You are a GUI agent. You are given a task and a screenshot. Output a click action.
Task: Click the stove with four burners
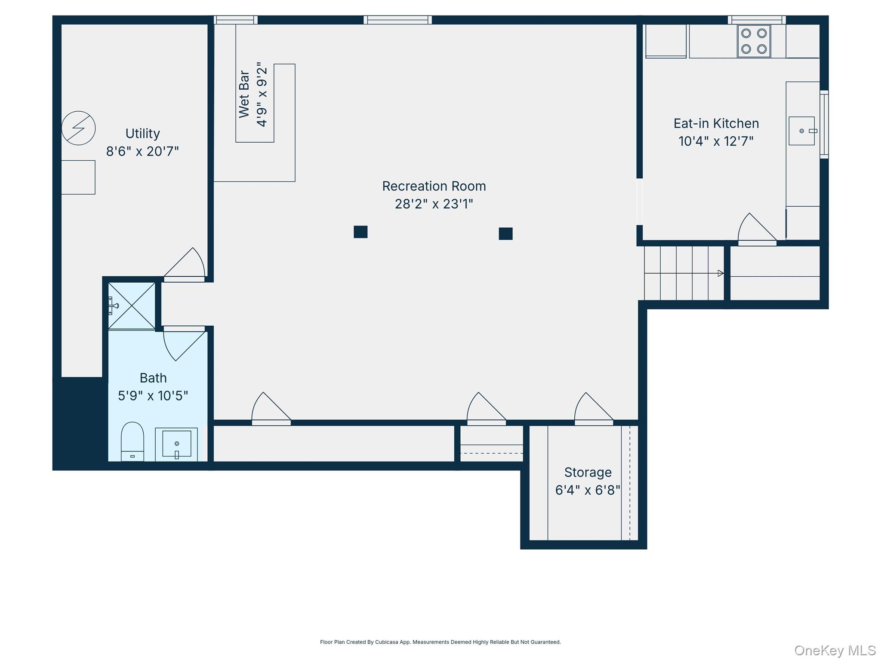coord(754,41)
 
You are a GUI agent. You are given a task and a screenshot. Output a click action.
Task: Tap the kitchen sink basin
coord(801,131)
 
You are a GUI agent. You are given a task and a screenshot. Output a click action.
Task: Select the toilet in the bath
coord(132,441)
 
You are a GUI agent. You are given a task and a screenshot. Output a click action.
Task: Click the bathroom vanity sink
coord(176,443)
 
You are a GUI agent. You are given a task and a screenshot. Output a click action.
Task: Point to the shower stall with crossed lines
coord(132,306)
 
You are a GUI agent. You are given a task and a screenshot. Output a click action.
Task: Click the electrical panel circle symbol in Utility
coord(78,128)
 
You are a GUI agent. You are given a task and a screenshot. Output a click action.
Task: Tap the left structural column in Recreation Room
coord(360,232)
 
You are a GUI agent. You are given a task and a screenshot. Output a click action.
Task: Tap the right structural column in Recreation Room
coord(505,234)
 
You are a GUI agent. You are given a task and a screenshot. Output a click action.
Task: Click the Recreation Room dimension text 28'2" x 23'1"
coord(434,204)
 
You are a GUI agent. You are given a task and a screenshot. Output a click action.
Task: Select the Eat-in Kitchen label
coord(716,124)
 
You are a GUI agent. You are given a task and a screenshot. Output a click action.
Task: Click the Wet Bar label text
coord(244,94)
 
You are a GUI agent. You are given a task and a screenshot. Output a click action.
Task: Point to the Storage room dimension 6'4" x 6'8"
coord(588,490)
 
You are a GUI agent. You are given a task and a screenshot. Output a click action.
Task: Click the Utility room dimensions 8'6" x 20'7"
coord(142,151)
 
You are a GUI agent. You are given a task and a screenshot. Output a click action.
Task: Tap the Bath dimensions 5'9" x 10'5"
coord(153,395)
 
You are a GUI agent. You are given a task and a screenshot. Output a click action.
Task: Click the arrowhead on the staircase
coord(721,273)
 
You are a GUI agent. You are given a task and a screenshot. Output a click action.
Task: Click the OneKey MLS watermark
coord(835,650)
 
